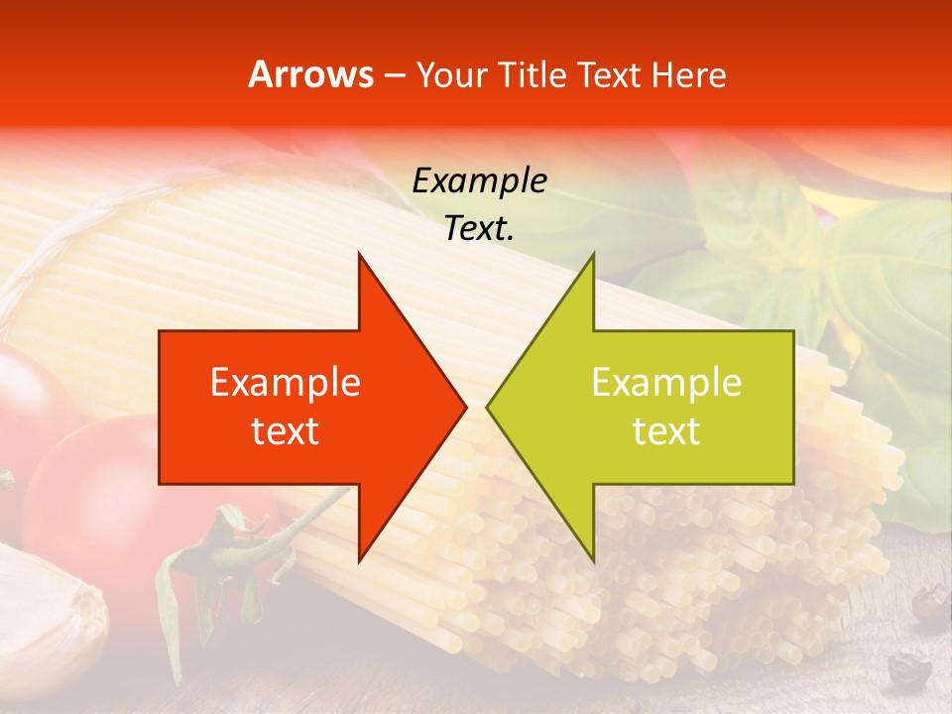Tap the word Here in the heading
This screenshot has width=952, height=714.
tap(688, 74)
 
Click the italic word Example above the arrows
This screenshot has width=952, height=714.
tap(479, 180)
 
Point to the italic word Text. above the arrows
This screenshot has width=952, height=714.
tap(479, 228)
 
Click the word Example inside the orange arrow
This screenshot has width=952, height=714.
tap(286, 382)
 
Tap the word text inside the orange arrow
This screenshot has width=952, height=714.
tap(286, 430)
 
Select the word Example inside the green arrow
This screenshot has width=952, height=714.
tap(666, 382)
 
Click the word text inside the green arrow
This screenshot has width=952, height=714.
tap(666, 430)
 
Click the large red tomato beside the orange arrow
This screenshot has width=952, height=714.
tap(89, 496)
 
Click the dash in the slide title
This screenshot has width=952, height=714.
tap(394, 75)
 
